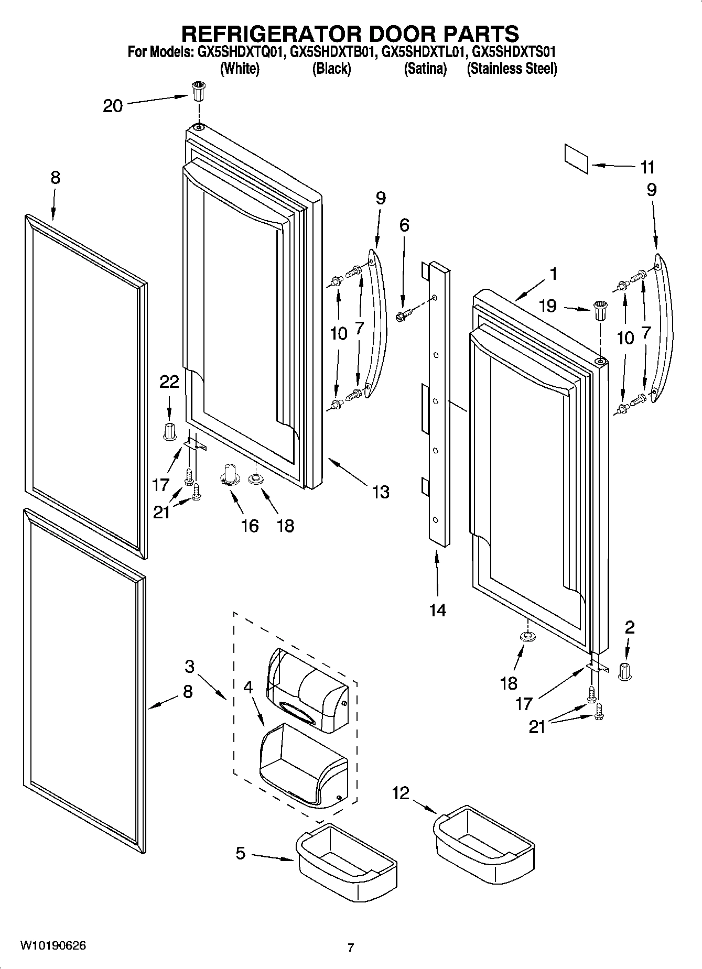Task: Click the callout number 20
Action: click(x=112, y=106)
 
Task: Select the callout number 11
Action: click(x=647, y=168)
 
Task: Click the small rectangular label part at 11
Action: click(x=576, y=158)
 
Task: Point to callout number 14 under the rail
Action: click(x=437, y=610)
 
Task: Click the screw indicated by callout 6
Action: click(x=403, y=315)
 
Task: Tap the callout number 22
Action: click(x=169, y=382)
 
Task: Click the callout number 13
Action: click(x=381, y=492)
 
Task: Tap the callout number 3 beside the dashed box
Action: click(x=189, y=667)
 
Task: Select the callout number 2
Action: click(x=630, y=627)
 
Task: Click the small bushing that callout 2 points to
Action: click(x=624, y=671)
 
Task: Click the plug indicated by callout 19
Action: click(x=599, y=312)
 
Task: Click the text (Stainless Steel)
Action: click(x=512, y=69)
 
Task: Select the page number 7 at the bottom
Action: click(x=351, y=948)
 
